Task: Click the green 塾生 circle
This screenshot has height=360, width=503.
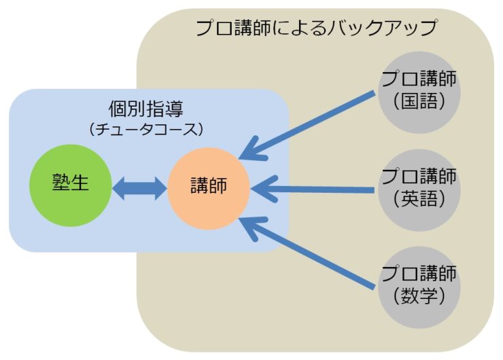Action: point(71,185)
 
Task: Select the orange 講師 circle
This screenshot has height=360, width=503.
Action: point(209,189)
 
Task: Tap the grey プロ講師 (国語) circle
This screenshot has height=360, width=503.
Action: point(419,92)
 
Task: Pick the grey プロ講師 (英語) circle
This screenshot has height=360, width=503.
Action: point(419,190)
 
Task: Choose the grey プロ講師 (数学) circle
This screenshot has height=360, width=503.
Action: point(419,287)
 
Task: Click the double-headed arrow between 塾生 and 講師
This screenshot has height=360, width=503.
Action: point(139,189)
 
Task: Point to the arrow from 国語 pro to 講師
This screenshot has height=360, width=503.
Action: point(307,126)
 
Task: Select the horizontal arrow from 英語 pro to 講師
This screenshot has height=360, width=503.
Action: point(313,189)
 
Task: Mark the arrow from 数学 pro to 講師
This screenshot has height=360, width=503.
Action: point(307,253)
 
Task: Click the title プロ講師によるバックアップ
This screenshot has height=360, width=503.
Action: point(316,28)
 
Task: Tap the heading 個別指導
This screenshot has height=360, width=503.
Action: point(146,109)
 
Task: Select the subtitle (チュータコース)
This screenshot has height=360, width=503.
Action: point(146,130)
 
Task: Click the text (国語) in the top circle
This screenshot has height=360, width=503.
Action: point(419,101)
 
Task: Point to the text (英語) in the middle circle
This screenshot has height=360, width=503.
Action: point(419,199)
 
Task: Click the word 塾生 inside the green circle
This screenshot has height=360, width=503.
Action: point(71,183)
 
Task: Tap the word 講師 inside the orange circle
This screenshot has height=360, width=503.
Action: point(209,185)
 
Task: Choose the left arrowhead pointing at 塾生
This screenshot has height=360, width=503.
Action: point(119,189)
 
